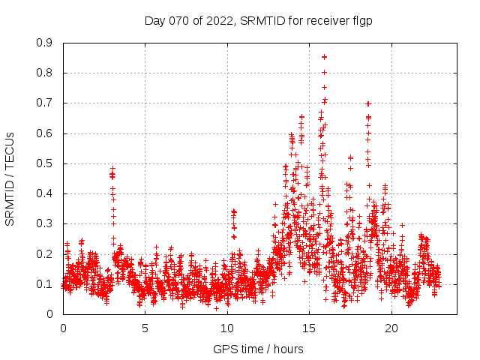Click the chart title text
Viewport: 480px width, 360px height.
coord(258,21)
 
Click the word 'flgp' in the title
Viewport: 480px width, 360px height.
coord(361,21)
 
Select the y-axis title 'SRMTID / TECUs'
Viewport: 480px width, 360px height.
coord(10,178)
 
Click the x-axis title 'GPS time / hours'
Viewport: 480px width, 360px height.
coord(258,349)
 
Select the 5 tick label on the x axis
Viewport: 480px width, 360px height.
coord(145,328)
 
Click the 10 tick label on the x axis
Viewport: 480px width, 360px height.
coord(227,328)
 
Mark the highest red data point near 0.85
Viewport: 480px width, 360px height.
coord(324,56)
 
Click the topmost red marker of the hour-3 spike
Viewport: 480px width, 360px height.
coord(112,169)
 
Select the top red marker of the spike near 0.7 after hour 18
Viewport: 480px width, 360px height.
coord(368,103)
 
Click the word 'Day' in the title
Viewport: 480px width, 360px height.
coord(155,21)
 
